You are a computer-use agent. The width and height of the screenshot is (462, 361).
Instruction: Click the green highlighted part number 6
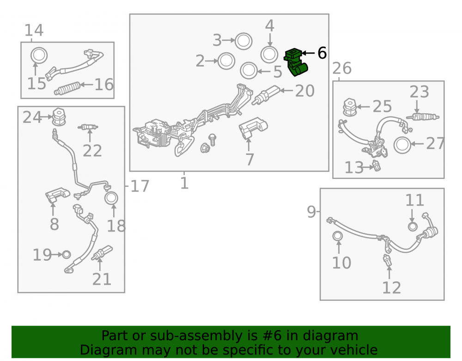pos(296,62)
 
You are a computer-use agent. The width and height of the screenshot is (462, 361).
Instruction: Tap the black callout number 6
pos(322,53)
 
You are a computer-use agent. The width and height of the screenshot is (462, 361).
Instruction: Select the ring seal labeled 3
pos(243,41)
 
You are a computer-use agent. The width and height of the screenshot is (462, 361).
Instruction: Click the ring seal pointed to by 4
pos(269,55)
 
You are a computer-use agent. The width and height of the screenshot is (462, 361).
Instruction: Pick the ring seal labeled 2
pos(226,61)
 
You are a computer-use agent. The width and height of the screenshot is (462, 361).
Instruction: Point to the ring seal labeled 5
pos(249,71)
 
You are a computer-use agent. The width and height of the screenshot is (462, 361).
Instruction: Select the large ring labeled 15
pos(39,55)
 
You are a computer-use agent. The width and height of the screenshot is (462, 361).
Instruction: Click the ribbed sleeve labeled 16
pos(67,88)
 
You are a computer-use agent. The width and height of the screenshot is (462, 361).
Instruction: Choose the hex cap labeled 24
pos(59,117)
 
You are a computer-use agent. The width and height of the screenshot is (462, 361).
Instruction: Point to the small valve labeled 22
pos(88,127)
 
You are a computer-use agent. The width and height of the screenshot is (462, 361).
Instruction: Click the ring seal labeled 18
pos(111,198)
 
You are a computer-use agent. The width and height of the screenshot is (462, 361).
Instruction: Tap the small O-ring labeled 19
pos(67,255)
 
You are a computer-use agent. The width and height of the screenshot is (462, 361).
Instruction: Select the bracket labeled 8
pos(57,194)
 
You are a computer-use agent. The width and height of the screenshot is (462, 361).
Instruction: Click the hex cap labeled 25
pos(350,107)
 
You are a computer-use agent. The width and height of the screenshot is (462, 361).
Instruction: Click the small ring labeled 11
pos(413,226)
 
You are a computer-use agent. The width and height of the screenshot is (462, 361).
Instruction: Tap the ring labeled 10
pos(338,236)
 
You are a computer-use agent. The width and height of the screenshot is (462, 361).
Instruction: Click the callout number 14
pos(34,30)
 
